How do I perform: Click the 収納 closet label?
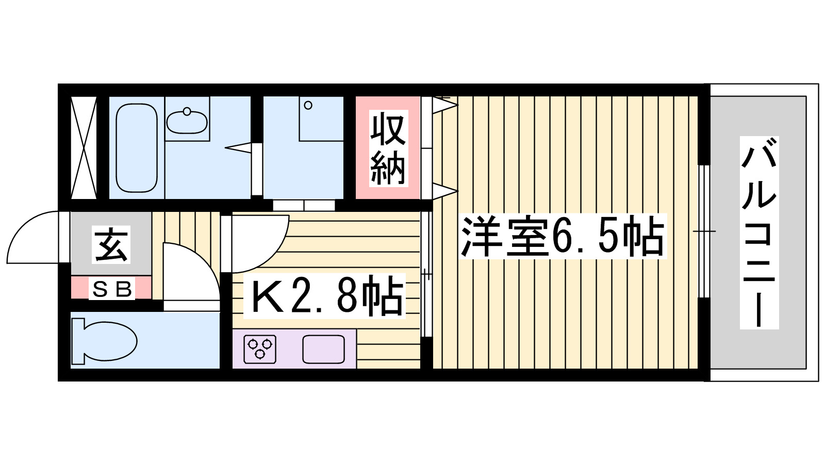pos(388,148)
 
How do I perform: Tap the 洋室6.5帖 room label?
pos(563,237)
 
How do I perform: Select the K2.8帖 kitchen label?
pos(327,296)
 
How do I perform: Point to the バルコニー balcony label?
pos(759,233)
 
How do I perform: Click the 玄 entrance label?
pos(111,245)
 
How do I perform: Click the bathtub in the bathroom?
pos(136,148)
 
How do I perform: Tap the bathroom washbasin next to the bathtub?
pos(187,121)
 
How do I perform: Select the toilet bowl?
pos(106,340)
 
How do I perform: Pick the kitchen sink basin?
pos(323,349)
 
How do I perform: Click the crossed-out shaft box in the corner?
pos(84,147)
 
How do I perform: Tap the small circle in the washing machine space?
pos(308,105)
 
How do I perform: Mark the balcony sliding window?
pos(703,231)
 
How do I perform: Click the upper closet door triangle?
pos(443,106)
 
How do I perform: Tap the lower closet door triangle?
pos(443,191)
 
